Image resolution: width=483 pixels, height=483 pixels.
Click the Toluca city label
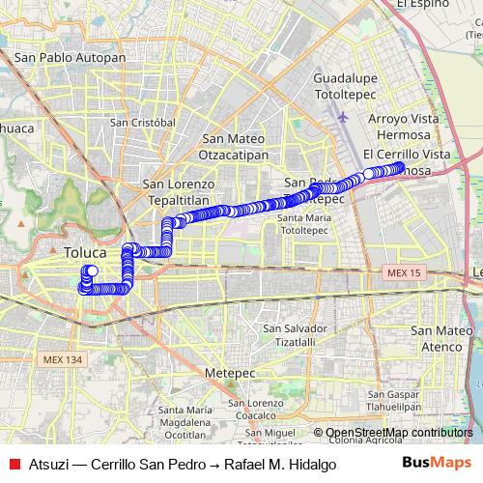84,253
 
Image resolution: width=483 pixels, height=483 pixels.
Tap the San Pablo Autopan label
70,58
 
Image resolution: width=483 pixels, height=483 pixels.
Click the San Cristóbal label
142,123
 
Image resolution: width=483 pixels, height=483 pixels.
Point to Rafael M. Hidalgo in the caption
280,464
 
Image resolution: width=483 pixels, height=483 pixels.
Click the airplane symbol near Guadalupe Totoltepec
345,117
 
